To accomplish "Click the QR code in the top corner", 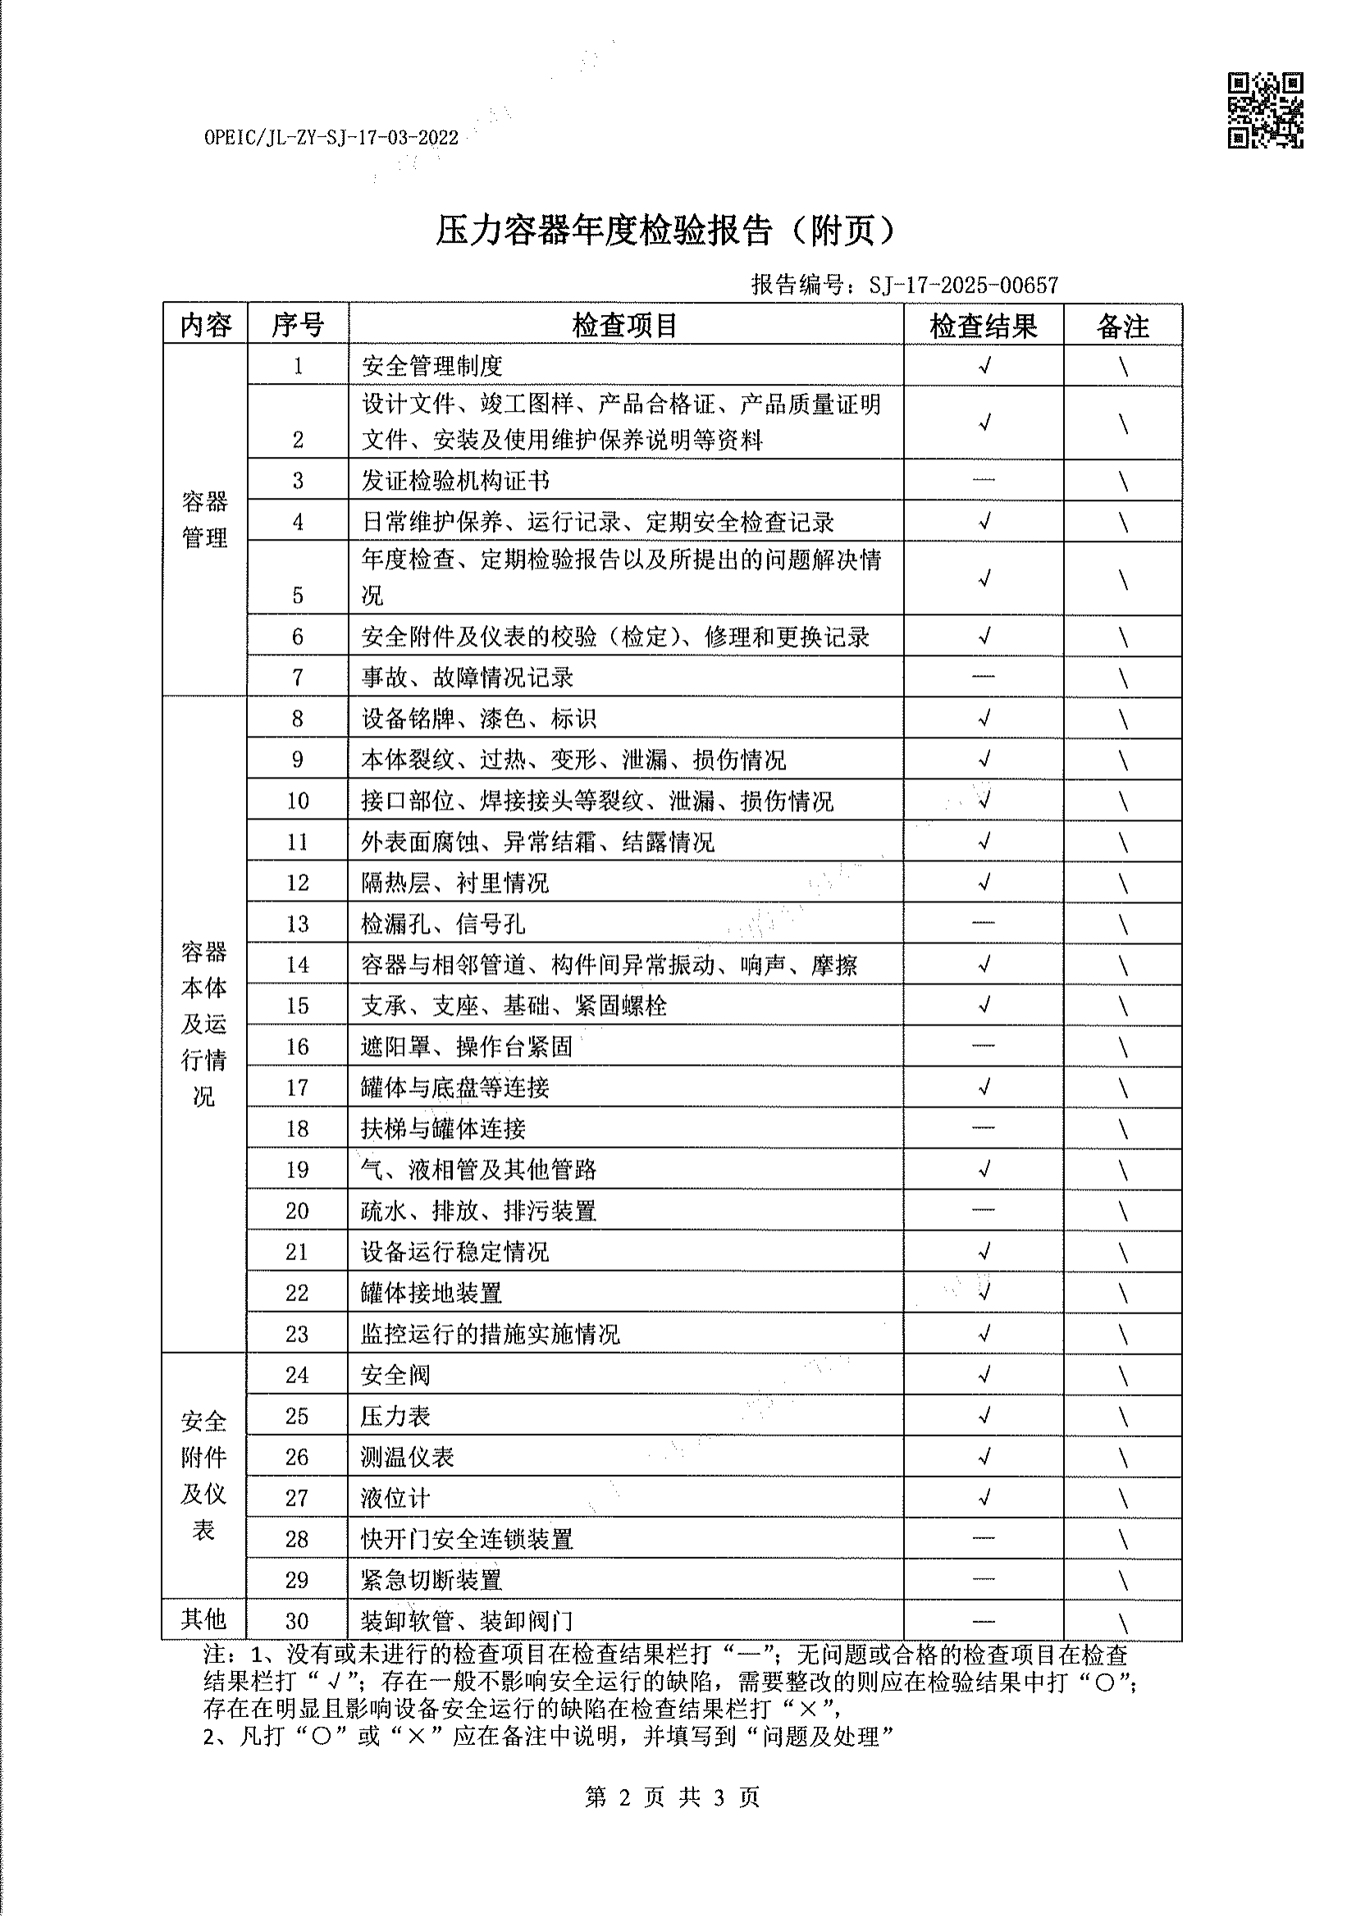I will coord(1264,110).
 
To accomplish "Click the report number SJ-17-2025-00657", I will coord(963,285).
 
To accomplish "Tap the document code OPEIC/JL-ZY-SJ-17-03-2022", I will coord(331,138).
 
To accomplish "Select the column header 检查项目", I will coord(625,325).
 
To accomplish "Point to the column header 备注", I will coord(1122,326).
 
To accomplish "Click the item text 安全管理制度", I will coord(432,366).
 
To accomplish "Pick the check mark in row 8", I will coord(984,718).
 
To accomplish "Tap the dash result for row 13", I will coord(984,922).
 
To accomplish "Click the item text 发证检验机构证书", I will coord(455,481).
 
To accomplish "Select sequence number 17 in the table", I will coord(298,1088).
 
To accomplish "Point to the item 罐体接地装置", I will coord(431,1293).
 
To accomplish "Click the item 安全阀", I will coord(396,1375).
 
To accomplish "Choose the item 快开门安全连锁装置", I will coord(467,1539).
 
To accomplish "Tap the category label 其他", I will coord(204,1619).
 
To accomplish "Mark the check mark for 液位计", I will coord(984,1498).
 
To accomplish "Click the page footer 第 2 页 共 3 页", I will coord(672,1796).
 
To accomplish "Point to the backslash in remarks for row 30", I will coord(1123,1623).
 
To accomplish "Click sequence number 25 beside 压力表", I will coord(298,1416).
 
